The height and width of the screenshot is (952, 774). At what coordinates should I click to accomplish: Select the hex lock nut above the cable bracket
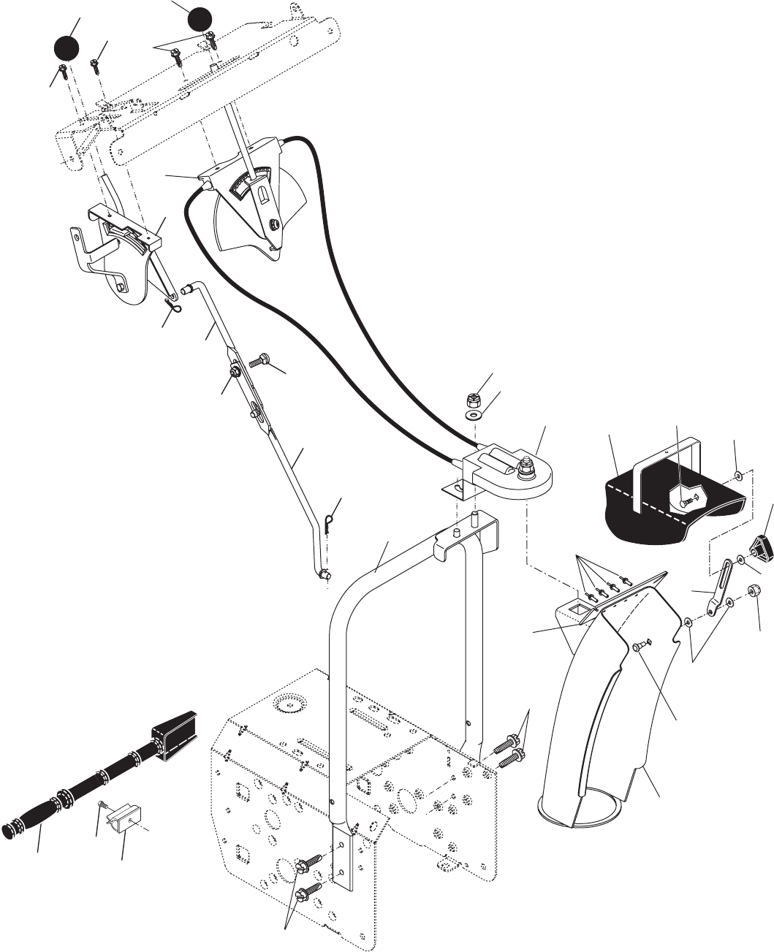point(472,400)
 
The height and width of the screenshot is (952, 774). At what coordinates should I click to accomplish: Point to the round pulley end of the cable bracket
point(531,479)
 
